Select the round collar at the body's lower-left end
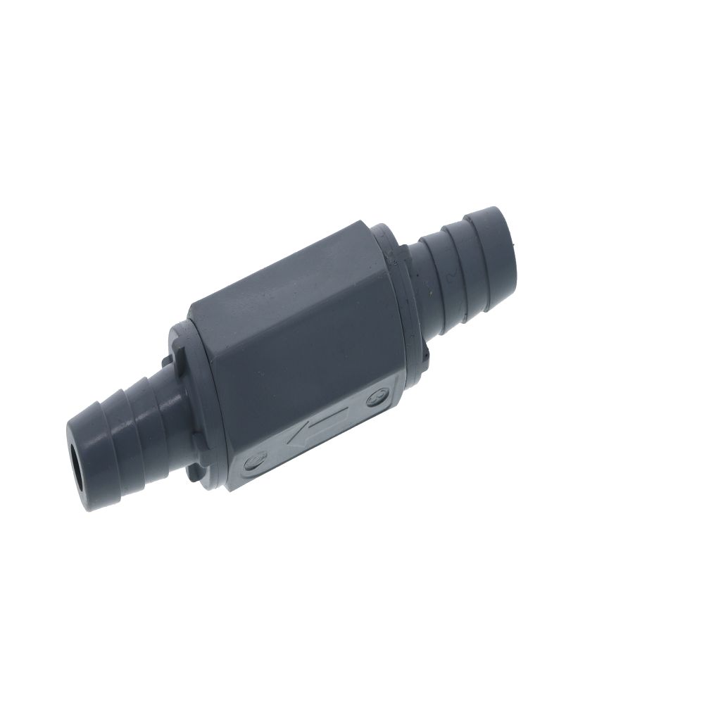(184, 394)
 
